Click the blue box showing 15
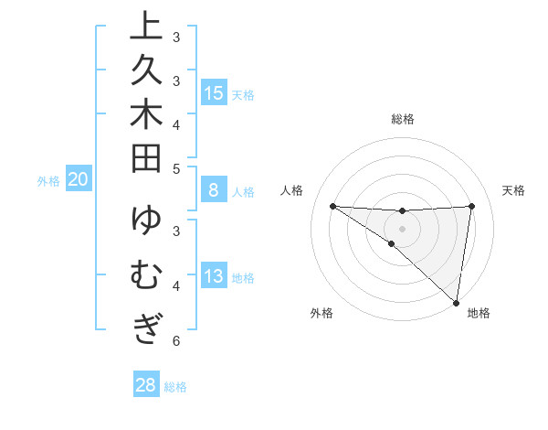pyautogui.click(x=214, y=92)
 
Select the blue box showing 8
pyautogui.click(x=214, y=190)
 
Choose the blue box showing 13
pyautogui.click(x=214, y=277)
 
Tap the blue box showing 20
pyautogui.click(x=79, y=180)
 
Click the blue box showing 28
pyautogui.click(x=146, y=385)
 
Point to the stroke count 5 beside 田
pyautogui.click(x=176, y=168)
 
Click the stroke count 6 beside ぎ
pyautogui.click(x=176, y=341)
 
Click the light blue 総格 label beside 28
pyautogui.click(x=175, y=387)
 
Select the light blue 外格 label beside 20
pyautogui.click(x=48, y=181)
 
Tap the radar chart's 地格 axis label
pyautogui.click(x=479, y=313)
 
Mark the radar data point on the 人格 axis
pyautogui.click(x=332, y=206)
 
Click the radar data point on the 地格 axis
pyautogui.click(x=456, y=303)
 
